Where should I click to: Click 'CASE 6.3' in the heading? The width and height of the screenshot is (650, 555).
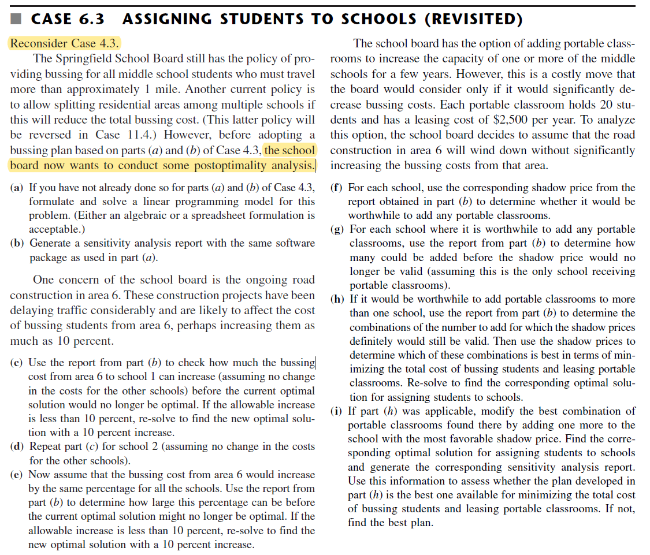68,20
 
